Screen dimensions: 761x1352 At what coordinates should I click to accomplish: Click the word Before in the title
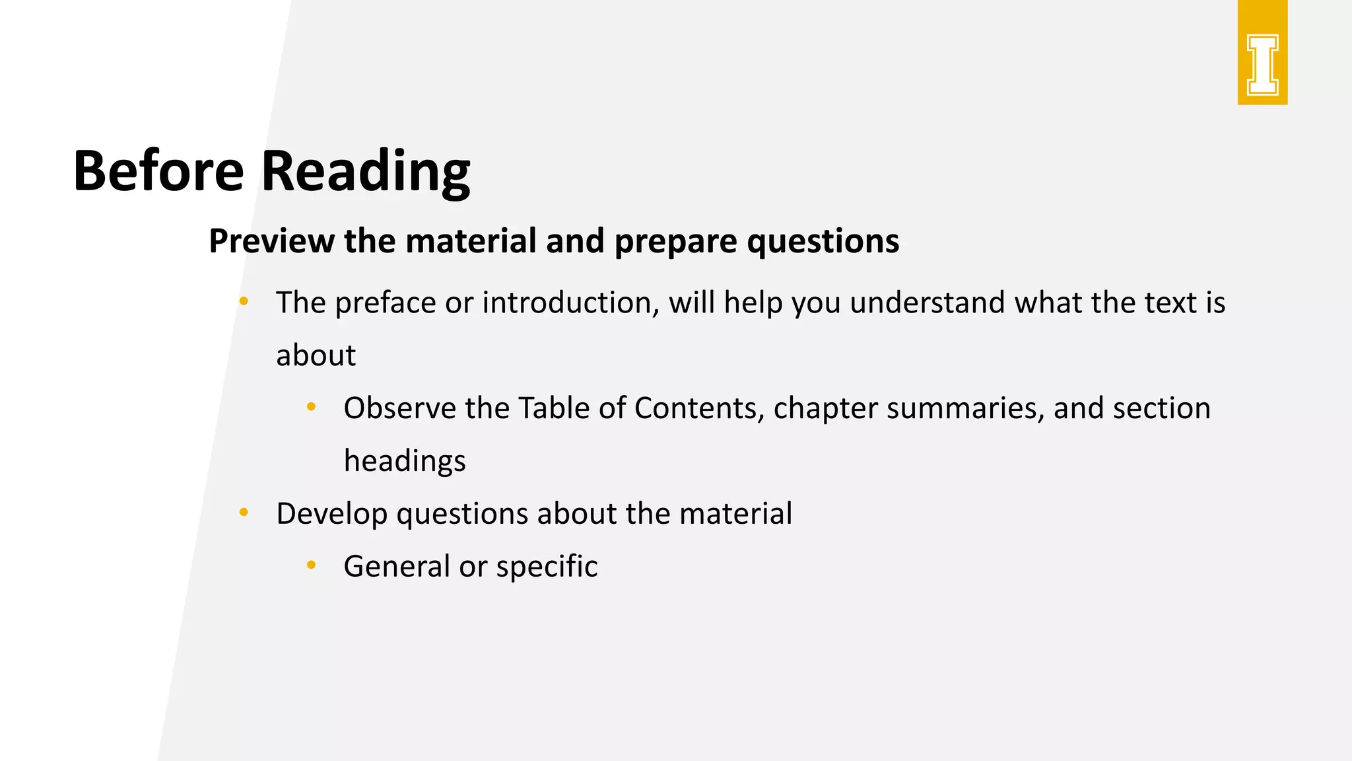click(158, 170)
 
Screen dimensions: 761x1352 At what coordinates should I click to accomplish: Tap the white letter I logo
click(1262, 65)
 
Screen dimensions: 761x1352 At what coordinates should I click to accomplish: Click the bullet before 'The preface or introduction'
click(244, 301)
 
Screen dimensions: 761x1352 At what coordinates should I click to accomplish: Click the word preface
click(385, 303)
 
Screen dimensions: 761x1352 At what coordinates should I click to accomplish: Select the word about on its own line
click(316, 355)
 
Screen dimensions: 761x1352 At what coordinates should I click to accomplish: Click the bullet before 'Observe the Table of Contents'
click(312, 407)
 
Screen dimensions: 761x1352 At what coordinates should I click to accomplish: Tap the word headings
click(405, 461)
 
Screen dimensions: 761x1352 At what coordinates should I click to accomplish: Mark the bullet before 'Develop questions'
click(244, 512)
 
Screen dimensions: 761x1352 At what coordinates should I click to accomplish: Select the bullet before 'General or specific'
click(312, 565)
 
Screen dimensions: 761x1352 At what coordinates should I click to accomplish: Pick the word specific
click(547, 567)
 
